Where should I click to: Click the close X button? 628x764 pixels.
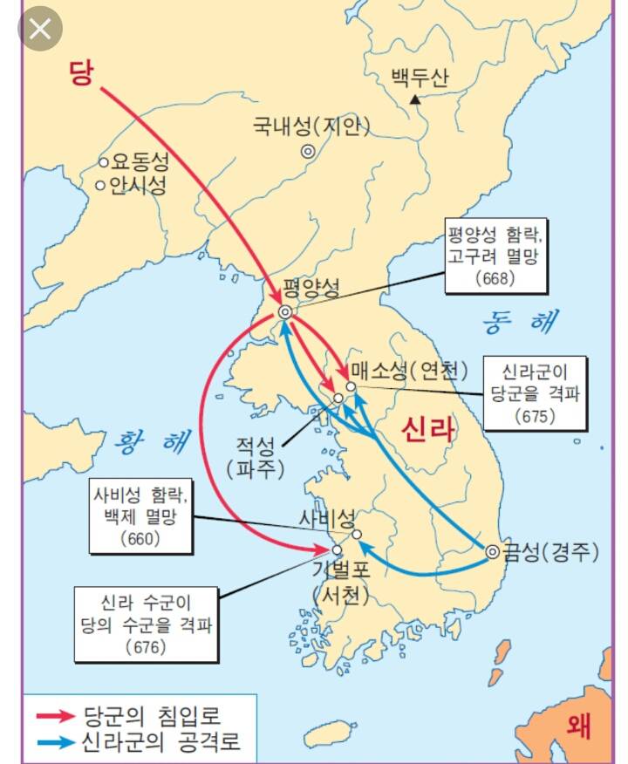(x=39, y=29)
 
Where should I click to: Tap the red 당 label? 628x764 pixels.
(x=80, y=73)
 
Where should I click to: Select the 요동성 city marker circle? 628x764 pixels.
(x=103, y=162)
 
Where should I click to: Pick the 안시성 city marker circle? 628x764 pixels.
(x=101, y=185)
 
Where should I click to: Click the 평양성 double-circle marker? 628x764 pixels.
(x=285, y=312)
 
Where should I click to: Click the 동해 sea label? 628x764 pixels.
(x=522, y=321)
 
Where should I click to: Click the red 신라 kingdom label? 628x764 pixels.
(x=427, y=428)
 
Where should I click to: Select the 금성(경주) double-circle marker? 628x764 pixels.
(x=492, y=551)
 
